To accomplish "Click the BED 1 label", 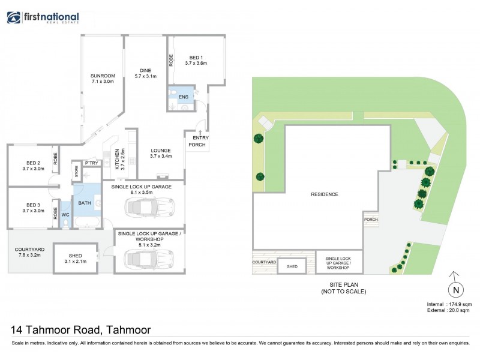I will [x=196, y=60].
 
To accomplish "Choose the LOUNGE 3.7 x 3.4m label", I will [x=161, y=154].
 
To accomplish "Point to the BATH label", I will [x=85, y=203].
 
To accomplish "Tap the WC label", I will [x=65, y=214].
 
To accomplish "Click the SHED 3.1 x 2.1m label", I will [x=75, y=259].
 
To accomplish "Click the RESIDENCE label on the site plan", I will [x=325, y=194].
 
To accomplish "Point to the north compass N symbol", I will [x=456, y=290].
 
